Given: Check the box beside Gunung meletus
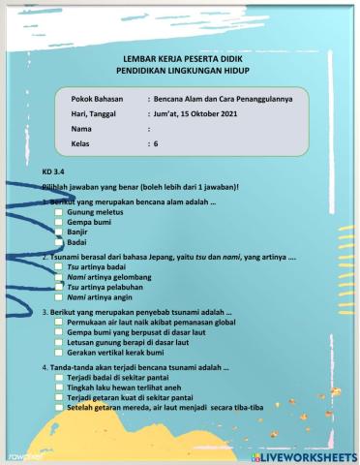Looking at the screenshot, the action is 58,210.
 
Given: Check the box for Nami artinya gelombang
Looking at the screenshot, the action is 58,276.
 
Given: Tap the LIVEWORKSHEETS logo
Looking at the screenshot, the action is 309,454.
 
